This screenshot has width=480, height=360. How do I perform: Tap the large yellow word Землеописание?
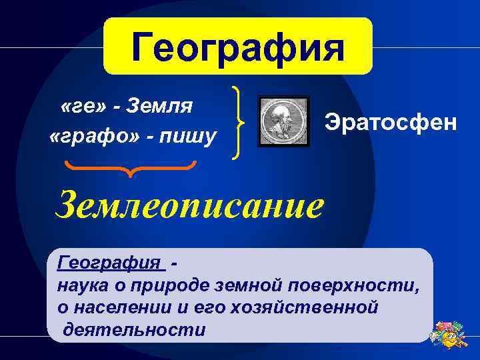[190, 205]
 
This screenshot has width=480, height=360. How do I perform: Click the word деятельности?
[135, 330]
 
